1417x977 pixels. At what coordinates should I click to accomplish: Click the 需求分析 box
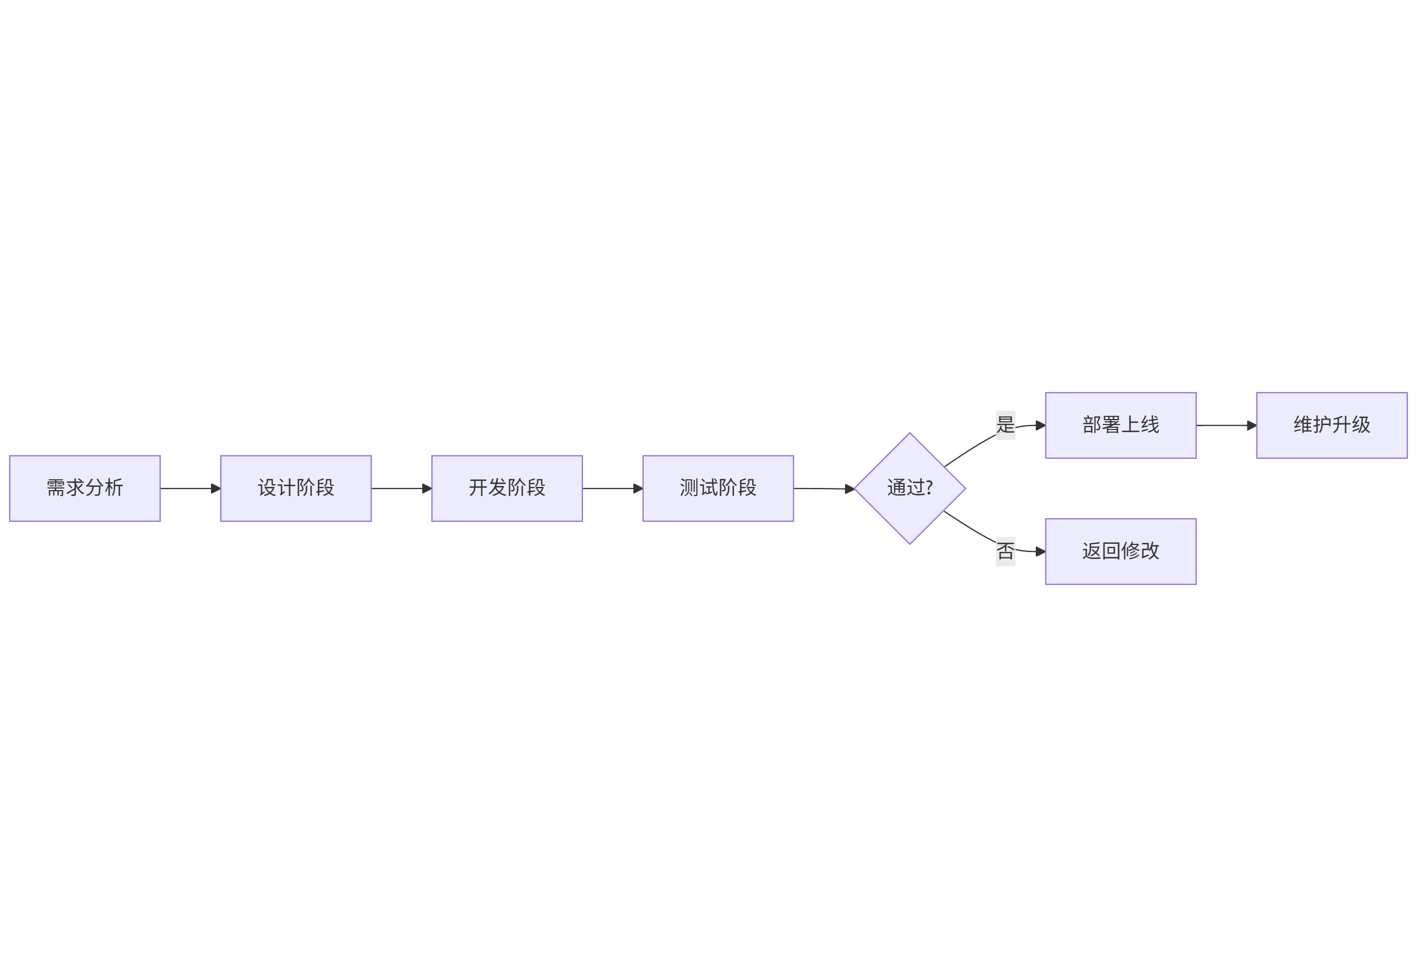pyautogui.click(x=85, y=489)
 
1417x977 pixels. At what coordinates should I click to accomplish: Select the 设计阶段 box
pyautogui.click(x=296, y=489)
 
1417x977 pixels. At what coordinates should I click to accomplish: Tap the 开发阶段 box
pyautogui.click(x=507, y=489)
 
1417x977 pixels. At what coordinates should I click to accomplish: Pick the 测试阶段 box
pyautogui.click(x=718, y=489)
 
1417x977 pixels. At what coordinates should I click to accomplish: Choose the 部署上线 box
pyautogui.click(x=1121, y=426)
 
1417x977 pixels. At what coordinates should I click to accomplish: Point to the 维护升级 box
pyautogui.click(x=1332, y=426)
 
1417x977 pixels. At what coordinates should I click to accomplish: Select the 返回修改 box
pyautogui.click(x=1121, y=551)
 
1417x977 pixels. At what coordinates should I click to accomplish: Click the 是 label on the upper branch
pyautogui.click(x=1005, y=425)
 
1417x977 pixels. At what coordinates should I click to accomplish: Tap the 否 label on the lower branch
pyautogui.click(x=1005, y=551)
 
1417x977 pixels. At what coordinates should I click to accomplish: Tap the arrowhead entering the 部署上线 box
pyautogui.click(x=1040, y=426)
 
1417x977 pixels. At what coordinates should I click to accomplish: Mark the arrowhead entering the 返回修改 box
pyautogui.click(x=1040, y=551)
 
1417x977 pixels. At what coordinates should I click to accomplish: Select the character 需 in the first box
pyautogui.click(x=56, y=488)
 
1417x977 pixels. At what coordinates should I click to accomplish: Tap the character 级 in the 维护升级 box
pyautogui.click(x=1361, y=425)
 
